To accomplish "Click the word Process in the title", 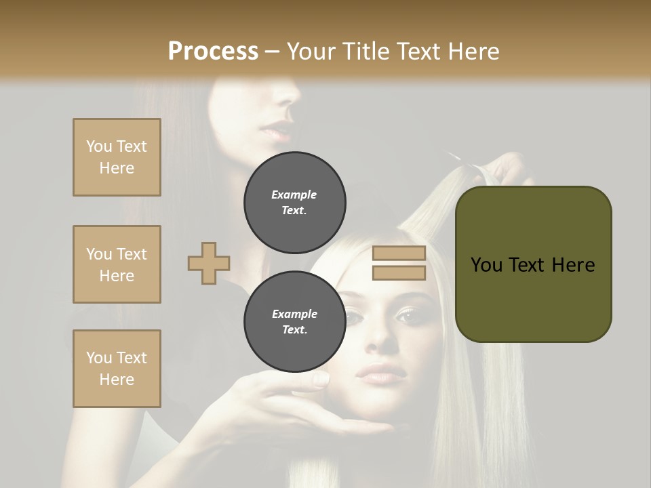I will [213, 51].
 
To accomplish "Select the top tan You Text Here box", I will [117, 157].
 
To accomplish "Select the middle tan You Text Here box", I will [117, 264].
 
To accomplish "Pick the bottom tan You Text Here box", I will [117, 369].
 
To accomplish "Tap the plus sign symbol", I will [209, 264].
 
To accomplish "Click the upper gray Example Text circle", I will [295, 203].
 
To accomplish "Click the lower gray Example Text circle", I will [295, 322].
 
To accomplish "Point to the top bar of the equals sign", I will [399, 253].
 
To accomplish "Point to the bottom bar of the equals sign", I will [399, 273].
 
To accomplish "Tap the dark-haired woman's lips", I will [277, 131].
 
